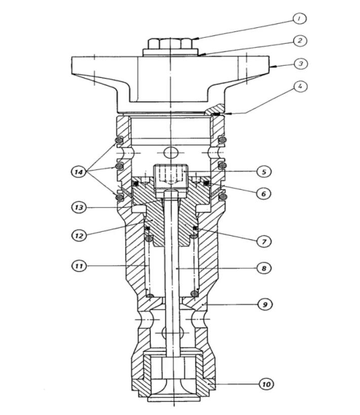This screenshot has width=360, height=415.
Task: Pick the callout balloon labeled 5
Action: tap(264, 172)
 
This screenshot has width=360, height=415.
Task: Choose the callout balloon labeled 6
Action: tap(264, 193)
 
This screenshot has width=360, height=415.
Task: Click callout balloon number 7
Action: tap(264, 242)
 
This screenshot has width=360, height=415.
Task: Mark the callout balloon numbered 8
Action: tap(264, 268)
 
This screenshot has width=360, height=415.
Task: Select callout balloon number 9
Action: tap(264, 305)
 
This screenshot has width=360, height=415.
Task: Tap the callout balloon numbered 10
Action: tap(266, 384)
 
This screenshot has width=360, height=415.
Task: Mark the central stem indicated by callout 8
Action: tap(173, 273)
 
